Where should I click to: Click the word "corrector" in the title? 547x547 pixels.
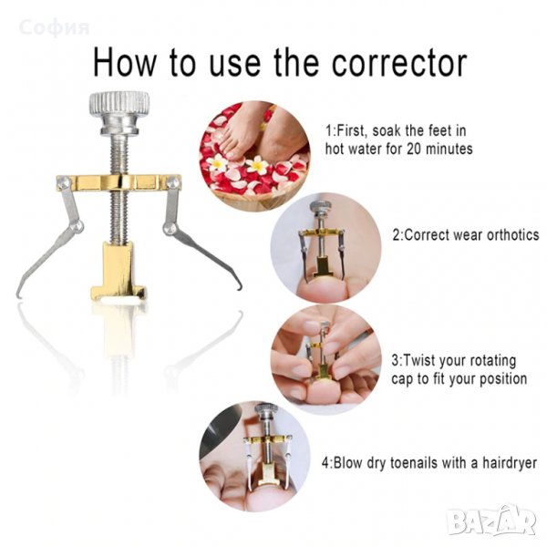(399, 64)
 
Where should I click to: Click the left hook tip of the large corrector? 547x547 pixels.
(18, 294)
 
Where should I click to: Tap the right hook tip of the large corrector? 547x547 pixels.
(239, 287)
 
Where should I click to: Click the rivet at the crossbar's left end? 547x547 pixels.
(63, 182)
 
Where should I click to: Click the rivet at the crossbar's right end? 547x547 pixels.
(173, 182)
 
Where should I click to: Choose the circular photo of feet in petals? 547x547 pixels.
(254, 156)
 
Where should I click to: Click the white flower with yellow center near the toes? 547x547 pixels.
(257, 165)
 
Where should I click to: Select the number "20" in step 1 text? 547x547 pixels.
(414, 149)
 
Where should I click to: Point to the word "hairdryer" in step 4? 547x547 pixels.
(510, 463)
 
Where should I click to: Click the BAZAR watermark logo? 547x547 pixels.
(491, 521)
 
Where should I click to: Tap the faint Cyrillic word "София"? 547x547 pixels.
(55, 28)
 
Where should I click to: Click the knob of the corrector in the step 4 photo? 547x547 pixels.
(266, 410)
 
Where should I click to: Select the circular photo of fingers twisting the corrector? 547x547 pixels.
(325, 359)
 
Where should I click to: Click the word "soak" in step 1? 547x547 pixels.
(387, 131)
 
